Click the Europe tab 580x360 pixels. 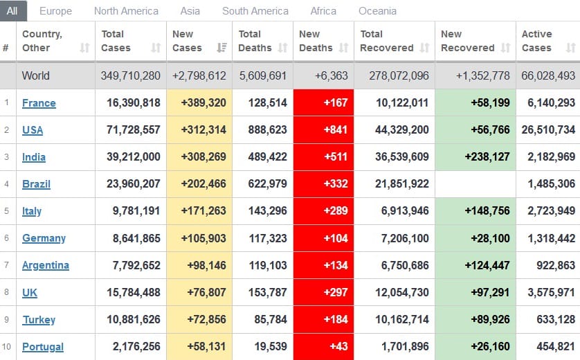point(55,11)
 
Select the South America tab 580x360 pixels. point(255,11)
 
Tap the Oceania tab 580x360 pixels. point(377,11)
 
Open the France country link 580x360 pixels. point(39,103)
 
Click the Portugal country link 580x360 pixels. point(43,347)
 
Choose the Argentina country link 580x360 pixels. point(46,265)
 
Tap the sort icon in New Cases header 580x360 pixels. point(221,48)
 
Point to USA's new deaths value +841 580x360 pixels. point(336,130)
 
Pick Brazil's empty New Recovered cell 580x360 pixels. point(475,184)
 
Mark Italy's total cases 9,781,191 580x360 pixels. point(134,211)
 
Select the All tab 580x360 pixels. point(12,11)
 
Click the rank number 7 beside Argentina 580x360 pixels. point(6,265)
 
